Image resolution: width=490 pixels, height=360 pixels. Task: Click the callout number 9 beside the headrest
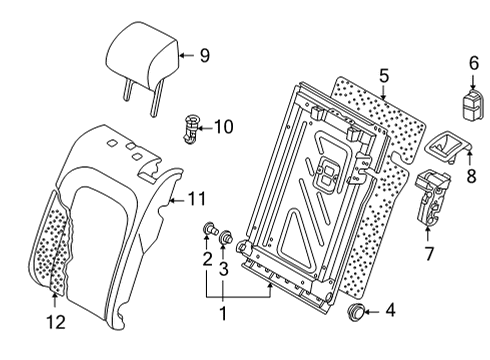pyautogui.click(x=205, y=55)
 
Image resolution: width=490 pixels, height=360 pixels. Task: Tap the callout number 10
pyautogui.click(x=223, y=127)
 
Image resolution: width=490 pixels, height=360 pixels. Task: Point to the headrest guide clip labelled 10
pyautogui.click(x=191, y=129)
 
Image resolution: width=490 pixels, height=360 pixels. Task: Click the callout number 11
pyautogui.click(x=196, y=199)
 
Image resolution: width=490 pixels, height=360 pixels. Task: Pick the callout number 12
pyautogui.click(x=56, y=322)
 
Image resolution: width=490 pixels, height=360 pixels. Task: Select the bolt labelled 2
pyautogui.click(x=209, y=229)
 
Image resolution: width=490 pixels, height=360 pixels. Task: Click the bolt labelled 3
pyautogui.click(x=226, y=237)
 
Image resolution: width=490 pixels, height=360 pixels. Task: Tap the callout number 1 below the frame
pyautogui.click(x=223, y=313)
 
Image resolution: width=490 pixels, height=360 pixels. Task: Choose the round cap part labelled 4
pyautogui.click(x=356, y=312)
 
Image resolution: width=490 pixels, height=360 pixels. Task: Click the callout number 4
pyautogui.click(x=390, y=310)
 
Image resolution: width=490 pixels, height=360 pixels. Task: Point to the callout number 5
pyautogui.click(x=384, y=76)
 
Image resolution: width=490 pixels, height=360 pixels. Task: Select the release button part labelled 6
pyautogui.click(x=472, y=103)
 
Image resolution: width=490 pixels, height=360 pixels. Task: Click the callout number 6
pyautogui.click(x=474, y=63)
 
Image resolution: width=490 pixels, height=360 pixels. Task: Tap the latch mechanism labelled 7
pyautogui.click(x=433, y=197)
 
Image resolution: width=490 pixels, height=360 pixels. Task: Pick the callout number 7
pyautogui.click(x=429, y=253)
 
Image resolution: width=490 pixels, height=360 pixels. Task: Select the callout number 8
pyautogui.click(x=471, y=176)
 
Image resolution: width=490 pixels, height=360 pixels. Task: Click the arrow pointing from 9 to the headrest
pyautogui.click(x=187, y=55)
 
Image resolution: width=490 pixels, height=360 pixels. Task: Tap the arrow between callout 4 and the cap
pyautogui.click(x=372, y=312)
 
